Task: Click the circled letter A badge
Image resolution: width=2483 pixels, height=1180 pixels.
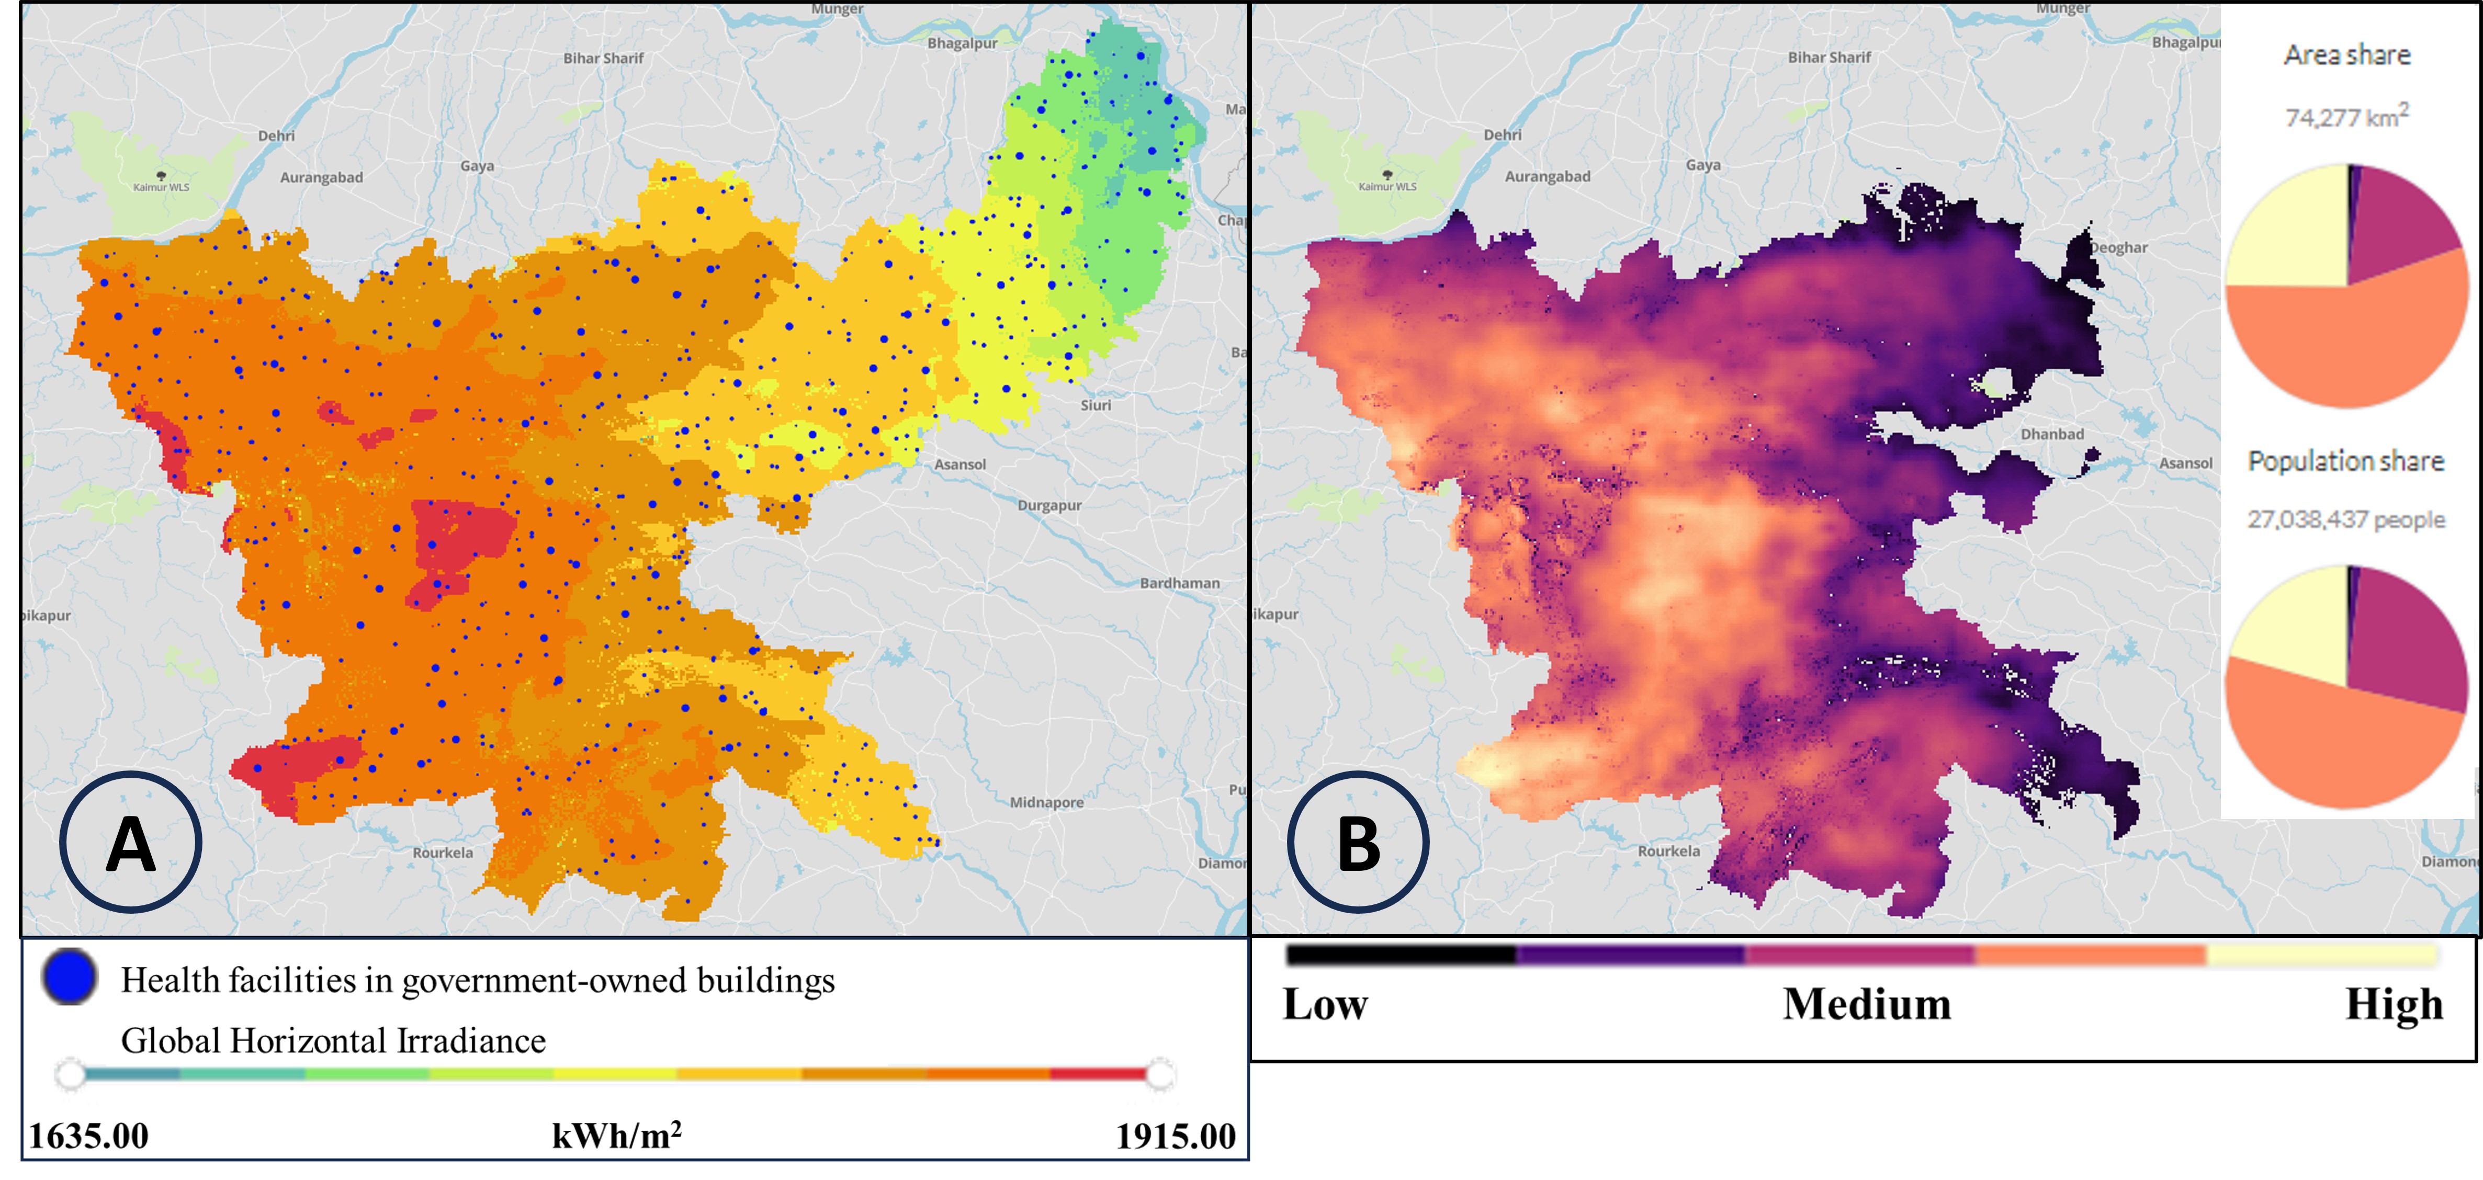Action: [130, 843]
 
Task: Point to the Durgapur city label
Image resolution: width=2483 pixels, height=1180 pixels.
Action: [1049, 505]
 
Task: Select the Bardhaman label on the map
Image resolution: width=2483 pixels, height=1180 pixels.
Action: [1179, 583]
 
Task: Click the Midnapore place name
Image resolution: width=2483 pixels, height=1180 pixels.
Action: [1046, 802]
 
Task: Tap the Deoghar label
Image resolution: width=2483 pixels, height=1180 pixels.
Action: [2119, 248]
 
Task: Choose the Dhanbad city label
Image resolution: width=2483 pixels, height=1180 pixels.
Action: [2052, 434]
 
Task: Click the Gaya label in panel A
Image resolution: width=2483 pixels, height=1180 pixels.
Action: [477, 166]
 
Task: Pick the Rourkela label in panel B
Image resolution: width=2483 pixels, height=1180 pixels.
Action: [1668, 851]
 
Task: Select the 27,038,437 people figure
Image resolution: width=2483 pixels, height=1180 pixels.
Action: [2346, 519]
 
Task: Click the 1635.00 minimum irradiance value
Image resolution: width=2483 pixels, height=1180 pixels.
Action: [89, 1136]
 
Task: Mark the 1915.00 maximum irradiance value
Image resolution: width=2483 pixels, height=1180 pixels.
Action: [1175, 1136]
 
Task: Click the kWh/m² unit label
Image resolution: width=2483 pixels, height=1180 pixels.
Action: [617, 1136]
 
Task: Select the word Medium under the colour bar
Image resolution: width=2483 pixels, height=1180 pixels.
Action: [1866, 1005]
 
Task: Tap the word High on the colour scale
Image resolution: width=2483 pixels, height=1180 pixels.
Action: [2394, 1005]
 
